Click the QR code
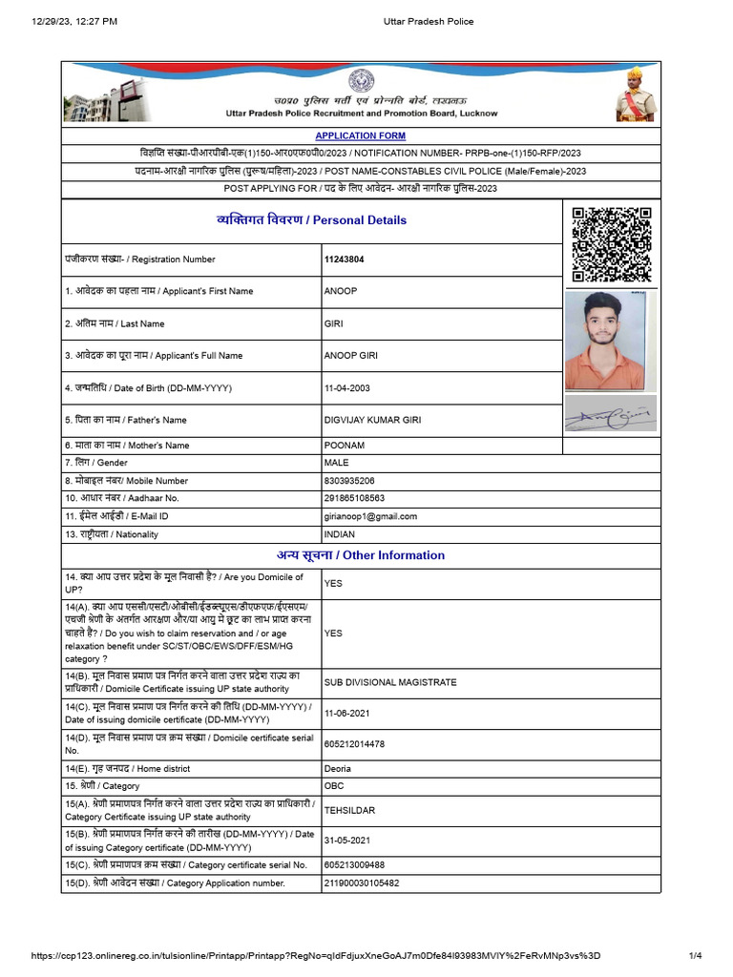[611, 244]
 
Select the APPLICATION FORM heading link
[360, 136]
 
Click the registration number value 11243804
[344, 260]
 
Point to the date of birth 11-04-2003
[346, 388]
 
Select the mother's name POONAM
[344, 446]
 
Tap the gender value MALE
[337, 463]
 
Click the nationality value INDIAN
[340, 534]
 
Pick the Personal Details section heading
[312, 220]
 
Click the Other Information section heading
[361, 555]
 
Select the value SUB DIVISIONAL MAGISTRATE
[390, 683]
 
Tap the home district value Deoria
[340, 769]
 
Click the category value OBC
[334, 786]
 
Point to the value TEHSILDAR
[349, 811]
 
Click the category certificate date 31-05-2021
[346, 841]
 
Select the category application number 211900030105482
[362, 883]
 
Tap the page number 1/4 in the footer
[696, 956]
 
